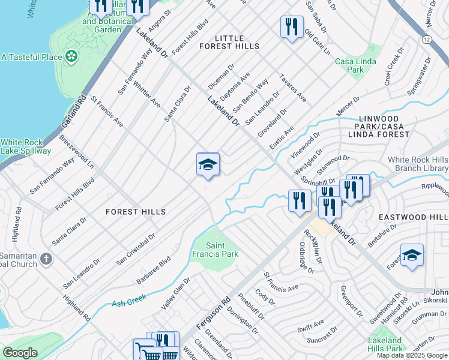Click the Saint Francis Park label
pos(222,250)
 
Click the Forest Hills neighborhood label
pos(135,212)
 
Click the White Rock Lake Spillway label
pos(25,146)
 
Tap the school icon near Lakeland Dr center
pos(208,165)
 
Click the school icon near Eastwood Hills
pos(412,256)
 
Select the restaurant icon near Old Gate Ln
pos(292,27)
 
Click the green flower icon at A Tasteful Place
pos(72,57)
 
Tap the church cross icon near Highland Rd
pos(46,259)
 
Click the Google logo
pos(20,353)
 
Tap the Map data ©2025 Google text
pos(412,355)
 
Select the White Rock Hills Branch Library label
pos(418,164)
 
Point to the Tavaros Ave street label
pos(293,89)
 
